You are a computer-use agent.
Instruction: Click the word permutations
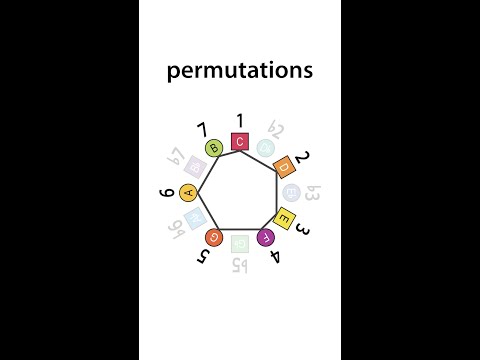tap(239, 72)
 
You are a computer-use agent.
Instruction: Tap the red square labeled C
tap(240, 142)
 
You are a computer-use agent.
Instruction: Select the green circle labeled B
tap(214, 149)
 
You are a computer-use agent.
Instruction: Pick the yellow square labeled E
tap(284, 219)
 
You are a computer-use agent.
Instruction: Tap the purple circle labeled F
tap(266, 238)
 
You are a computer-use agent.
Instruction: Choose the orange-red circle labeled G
tap(213, 237)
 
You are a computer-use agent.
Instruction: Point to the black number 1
tap(240, 120)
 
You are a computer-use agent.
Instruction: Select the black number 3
tap(302, 229)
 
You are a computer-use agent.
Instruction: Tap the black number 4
tap(276, 257)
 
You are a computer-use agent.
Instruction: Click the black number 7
tap(202, 130)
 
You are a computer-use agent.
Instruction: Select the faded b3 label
tap(311, 191)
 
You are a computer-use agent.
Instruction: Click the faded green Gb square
tap(239, 244)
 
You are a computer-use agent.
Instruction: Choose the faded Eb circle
tap(291, 191)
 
